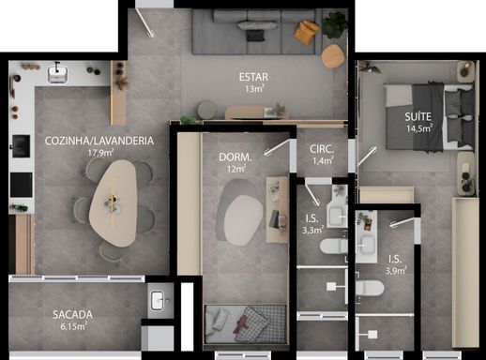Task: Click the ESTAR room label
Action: click(x=250, y=76)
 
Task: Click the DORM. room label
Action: click(x=233, y=157)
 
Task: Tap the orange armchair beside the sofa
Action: click(x=307, y=31)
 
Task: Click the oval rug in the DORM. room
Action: click(x=240, y=209)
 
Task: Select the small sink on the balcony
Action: click(x=159, y=299)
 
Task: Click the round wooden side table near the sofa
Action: click(x=333, y=57)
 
